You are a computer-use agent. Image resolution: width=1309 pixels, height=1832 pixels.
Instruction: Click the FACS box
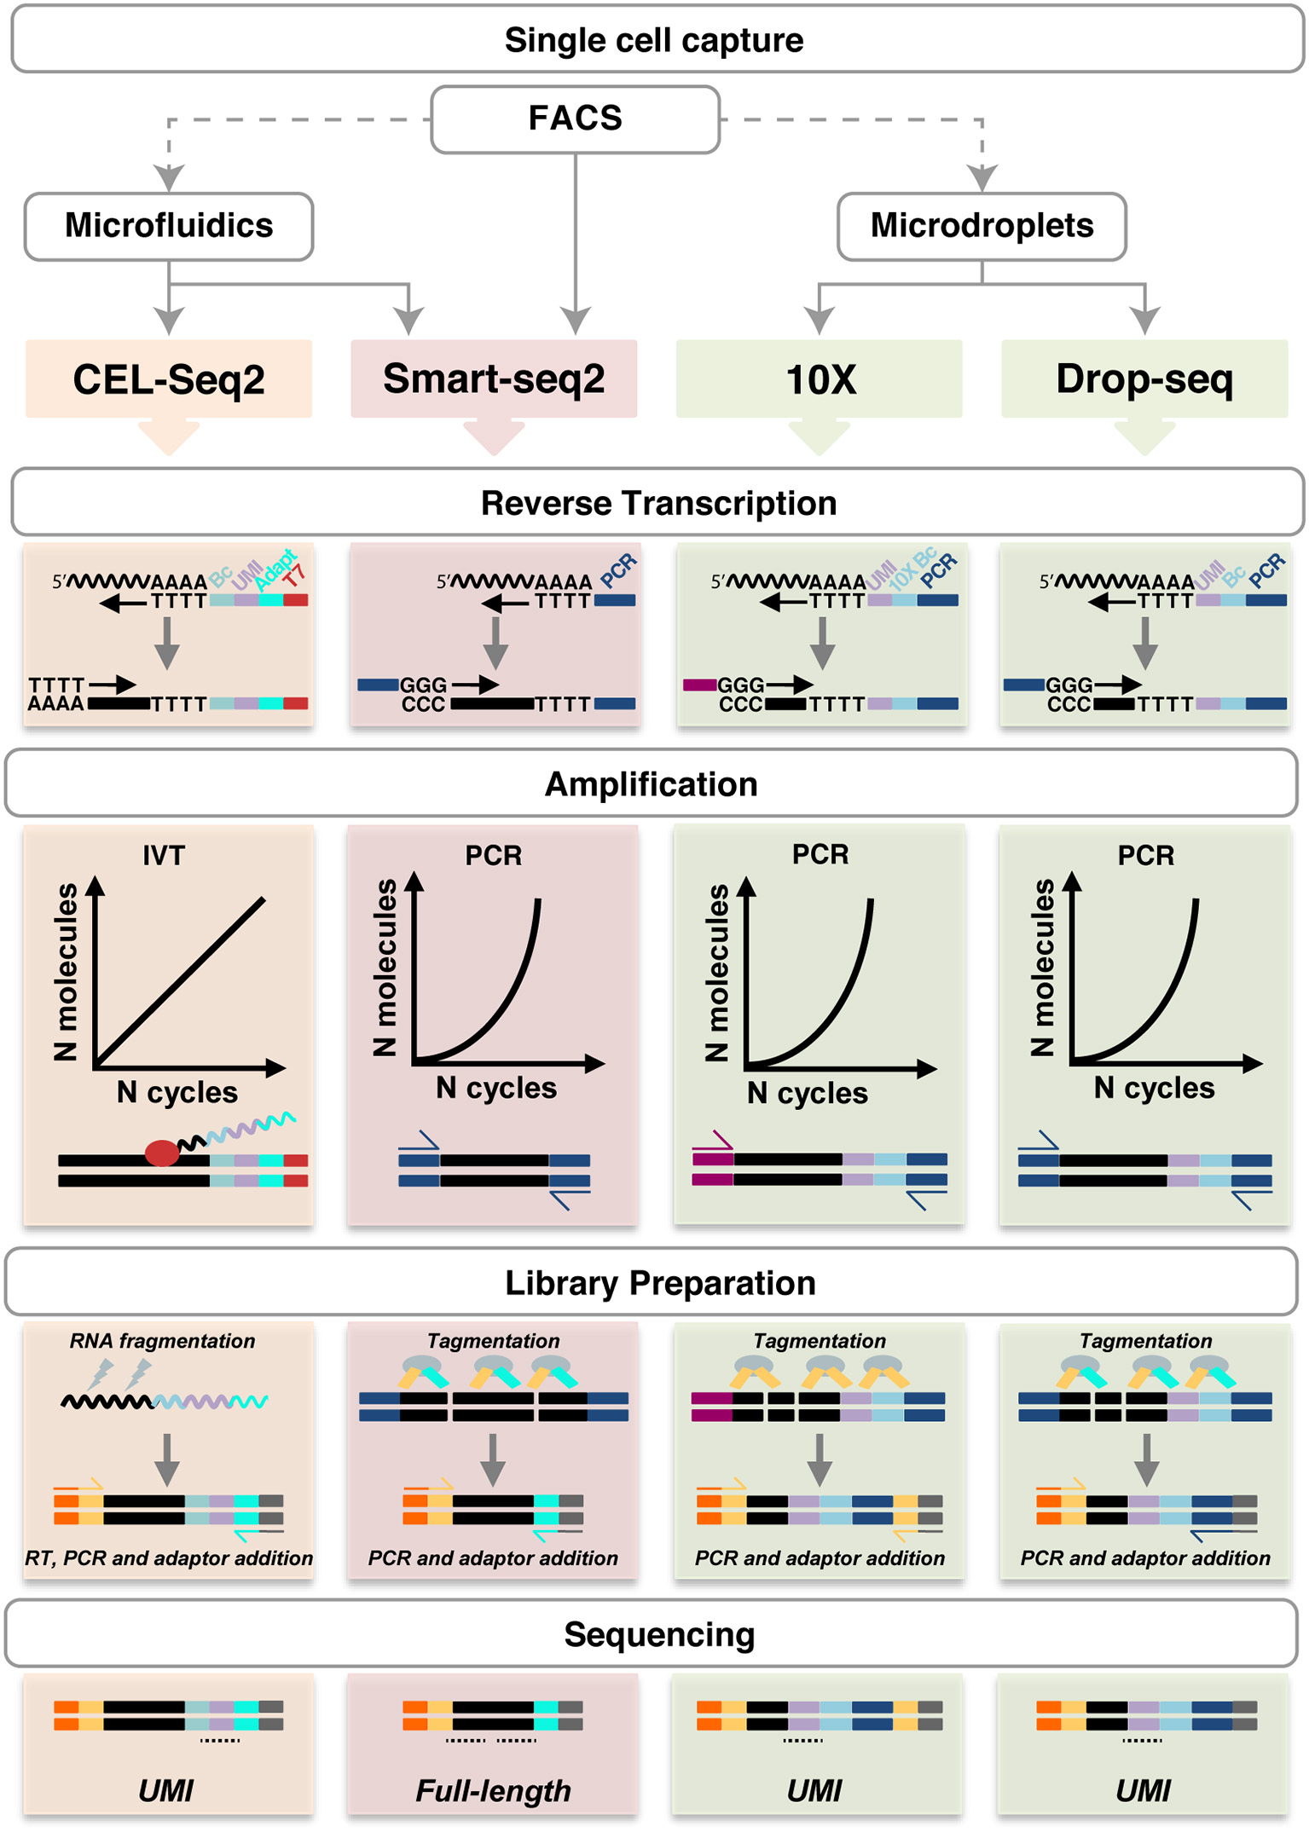pos(575,118)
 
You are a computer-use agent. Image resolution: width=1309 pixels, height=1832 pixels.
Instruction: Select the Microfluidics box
pos(169,226)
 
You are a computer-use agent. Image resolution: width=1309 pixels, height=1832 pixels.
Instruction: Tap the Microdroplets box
pos(982,226)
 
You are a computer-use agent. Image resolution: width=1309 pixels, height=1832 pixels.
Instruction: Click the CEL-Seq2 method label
pos(169,379)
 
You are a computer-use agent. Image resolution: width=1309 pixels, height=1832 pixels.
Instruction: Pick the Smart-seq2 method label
pos(494,379)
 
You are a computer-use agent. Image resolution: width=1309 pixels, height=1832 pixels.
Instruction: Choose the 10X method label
pos(820,379)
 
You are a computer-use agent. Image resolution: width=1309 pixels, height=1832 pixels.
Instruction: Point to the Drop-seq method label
pos(1144,379)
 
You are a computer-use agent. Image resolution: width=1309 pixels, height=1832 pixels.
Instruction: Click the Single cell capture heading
pos(654,40)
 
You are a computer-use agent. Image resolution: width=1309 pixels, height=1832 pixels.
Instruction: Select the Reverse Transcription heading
pos(658,503)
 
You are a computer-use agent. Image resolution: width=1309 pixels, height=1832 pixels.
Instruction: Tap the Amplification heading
pos(652,784)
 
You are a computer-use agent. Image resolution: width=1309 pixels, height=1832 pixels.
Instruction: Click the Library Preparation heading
pos(660,1283)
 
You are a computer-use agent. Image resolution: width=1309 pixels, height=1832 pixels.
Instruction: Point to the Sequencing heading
pos(659,1634)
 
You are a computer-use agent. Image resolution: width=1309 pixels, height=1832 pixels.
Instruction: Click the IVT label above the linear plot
pos(164,855)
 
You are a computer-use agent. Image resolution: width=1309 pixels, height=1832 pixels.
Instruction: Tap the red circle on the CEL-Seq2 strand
pos(162,1153)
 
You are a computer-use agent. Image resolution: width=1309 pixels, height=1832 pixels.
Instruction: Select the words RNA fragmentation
pos(162,1341)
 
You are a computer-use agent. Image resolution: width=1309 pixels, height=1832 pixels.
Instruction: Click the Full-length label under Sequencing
pos(493,1790)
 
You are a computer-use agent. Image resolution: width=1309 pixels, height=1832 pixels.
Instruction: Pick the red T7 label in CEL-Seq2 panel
pos(294,575)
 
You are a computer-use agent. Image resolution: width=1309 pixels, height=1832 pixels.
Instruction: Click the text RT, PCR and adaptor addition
pos(169,1558)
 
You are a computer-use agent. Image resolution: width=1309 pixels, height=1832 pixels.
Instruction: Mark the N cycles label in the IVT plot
pos(177,1092)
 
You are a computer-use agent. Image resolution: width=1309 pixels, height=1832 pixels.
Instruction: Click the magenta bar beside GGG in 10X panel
pos(699,685)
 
